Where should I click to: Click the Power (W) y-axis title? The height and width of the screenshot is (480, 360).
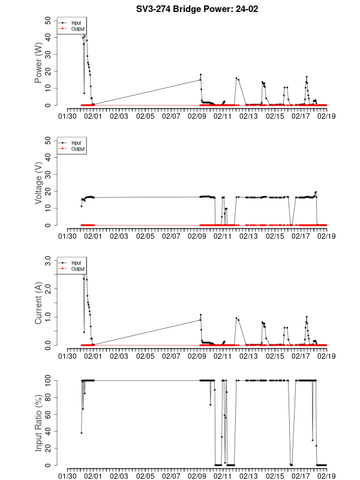point(38,62)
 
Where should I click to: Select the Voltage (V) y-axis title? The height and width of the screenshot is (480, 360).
point(38,182)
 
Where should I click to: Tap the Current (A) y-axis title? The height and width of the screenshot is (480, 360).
point(38,303)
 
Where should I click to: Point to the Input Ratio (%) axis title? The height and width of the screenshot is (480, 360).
point(38,422)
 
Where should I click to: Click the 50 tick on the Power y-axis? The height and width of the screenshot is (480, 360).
point(49,20)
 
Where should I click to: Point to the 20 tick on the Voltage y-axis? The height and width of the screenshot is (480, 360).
point(49,191)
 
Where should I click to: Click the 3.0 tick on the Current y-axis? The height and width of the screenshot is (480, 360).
point(46,260)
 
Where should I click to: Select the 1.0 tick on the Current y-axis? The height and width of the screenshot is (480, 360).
point(46,317)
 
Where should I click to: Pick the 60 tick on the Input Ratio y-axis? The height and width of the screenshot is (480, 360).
point(49,414)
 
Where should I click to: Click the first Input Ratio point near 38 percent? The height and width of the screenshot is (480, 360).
point(82,433)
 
